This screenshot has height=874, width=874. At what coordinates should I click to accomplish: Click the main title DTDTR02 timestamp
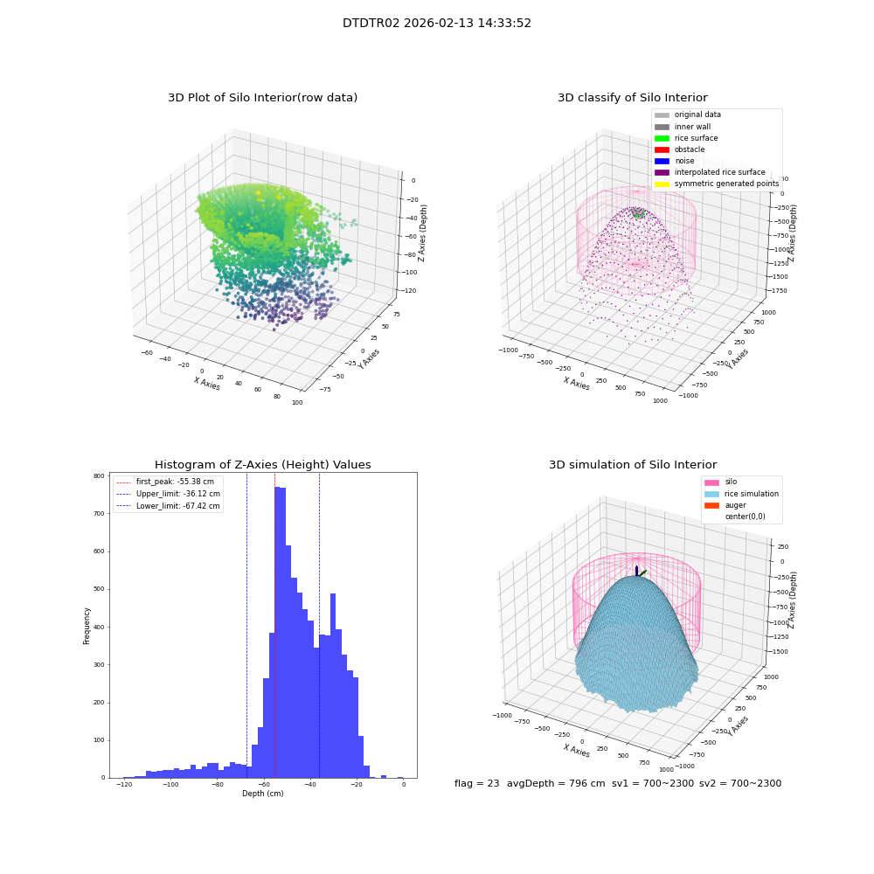click(x=436, y=23)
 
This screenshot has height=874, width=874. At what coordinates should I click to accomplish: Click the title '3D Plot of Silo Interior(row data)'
click(x=262, y=98)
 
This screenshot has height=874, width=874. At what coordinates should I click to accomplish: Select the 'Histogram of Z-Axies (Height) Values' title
click(x=262, y=464)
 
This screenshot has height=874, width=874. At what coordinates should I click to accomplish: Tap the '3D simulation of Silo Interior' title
click(x=633, y=464)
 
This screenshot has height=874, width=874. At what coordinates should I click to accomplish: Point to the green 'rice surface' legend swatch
click(x=662, y=138)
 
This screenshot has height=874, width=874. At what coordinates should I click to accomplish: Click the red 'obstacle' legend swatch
click(x=662, y=149)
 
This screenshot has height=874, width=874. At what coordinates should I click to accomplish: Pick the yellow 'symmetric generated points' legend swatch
click(x=662, y=184)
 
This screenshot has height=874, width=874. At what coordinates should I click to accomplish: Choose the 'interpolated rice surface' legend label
click(x=719, y=172)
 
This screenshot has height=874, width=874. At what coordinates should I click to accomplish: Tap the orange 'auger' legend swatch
click(x=711, y=505)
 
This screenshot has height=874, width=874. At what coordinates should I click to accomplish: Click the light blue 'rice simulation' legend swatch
click(x=711, y=494)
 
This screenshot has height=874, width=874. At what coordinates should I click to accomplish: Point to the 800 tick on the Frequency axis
click(x=99, y=476)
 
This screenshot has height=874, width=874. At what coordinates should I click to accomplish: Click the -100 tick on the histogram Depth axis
click(x=170, y=784)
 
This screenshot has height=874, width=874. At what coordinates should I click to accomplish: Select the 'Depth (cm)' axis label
click(x=262, y=794)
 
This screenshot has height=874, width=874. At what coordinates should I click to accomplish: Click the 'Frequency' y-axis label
click(x=87, y=626)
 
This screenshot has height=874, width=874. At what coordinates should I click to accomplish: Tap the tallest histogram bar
click(x=277, y=632)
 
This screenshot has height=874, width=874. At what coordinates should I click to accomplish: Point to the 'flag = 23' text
click(x=476, y=783)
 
